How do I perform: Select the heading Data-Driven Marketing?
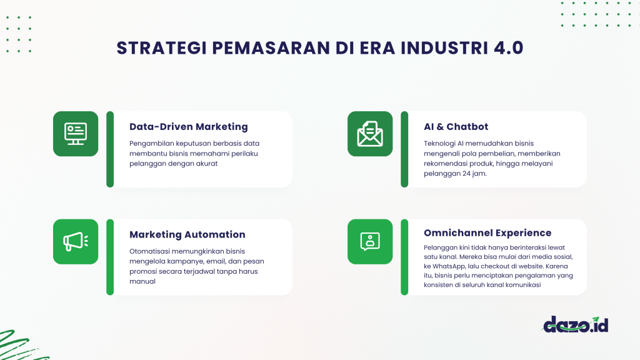point(189,126)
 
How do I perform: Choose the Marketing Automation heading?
point(187,234)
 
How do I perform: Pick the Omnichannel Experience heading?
point(487,232)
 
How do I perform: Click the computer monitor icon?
point(76,134)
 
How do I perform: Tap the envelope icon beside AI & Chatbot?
point(370,134)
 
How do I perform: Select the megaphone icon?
point(76,241)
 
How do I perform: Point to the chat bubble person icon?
point(370,241)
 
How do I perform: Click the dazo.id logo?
point(575,324)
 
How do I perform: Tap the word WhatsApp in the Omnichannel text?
point(452,266)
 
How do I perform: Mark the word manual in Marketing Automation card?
point(142,281)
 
